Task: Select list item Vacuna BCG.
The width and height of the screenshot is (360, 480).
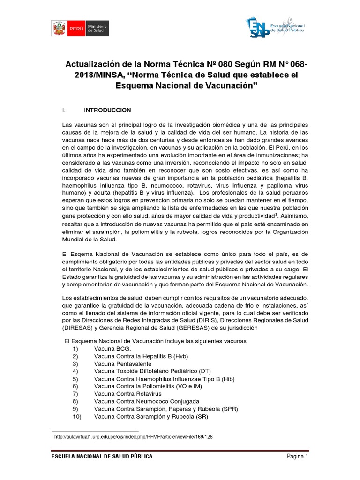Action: (112, 349)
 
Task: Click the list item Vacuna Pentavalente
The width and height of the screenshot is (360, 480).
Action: (123, 364)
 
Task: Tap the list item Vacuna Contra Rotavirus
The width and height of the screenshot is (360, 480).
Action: (127, 394)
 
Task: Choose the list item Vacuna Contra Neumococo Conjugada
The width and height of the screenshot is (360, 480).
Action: (146, 401)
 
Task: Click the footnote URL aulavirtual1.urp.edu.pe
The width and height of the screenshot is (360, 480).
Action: (134, 436)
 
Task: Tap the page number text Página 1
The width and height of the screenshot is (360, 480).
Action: (297, 457)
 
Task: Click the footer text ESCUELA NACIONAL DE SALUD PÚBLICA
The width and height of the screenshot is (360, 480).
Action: (102, 457)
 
